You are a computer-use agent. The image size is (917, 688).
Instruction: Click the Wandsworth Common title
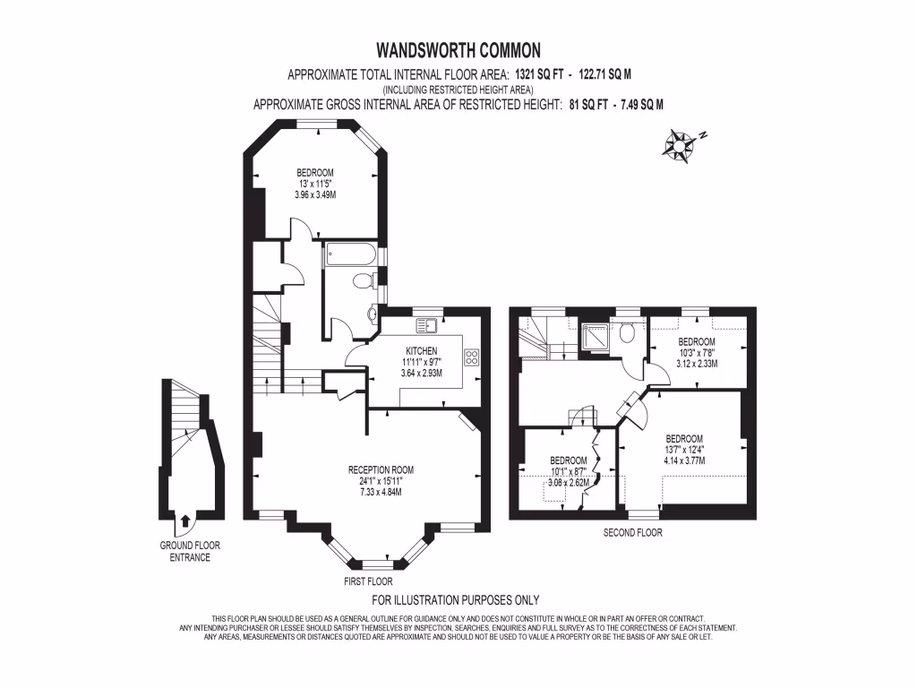[x=458, y=50]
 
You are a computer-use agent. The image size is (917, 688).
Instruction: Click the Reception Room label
[x=381, y=469]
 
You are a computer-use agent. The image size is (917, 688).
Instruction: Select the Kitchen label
[x=421, y=351]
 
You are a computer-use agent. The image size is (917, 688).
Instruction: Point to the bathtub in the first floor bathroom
[x=351, y=254]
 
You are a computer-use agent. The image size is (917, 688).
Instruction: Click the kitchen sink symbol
[x=426, y=324]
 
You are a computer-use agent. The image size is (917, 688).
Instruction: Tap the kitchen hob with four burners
[x=471, y=357]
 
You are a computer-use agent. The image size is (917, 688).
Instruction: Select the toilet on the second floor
[x=627, y=331]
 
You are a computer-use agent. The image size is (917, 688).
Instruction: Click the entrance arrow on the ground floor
[x=186, y=520]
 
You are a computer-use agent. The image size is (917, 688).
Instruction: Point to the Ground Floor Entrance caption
[x=190, y=552]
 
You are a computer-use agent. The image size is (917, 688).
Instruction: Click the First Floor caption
[x=368, y=581]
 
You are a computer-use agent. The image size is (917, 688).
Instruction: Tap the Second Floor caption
[x=633, y=533]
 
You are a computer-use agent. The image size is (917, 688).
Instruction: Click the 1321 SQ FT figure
[x=539, y=75]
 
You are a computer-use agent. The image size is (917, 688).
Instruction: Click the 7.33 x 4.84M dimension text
[x=381, y=492]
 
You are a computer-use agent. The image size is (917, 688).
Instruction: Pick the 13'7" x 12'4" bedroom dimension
[x=684, y=450]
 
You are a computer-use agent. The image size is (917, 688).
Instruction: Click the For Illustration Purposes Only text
[x=456, y=600]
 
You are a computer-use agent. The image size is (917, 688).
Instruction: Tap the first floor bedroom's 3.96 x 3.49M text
[x=315, y=194]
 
